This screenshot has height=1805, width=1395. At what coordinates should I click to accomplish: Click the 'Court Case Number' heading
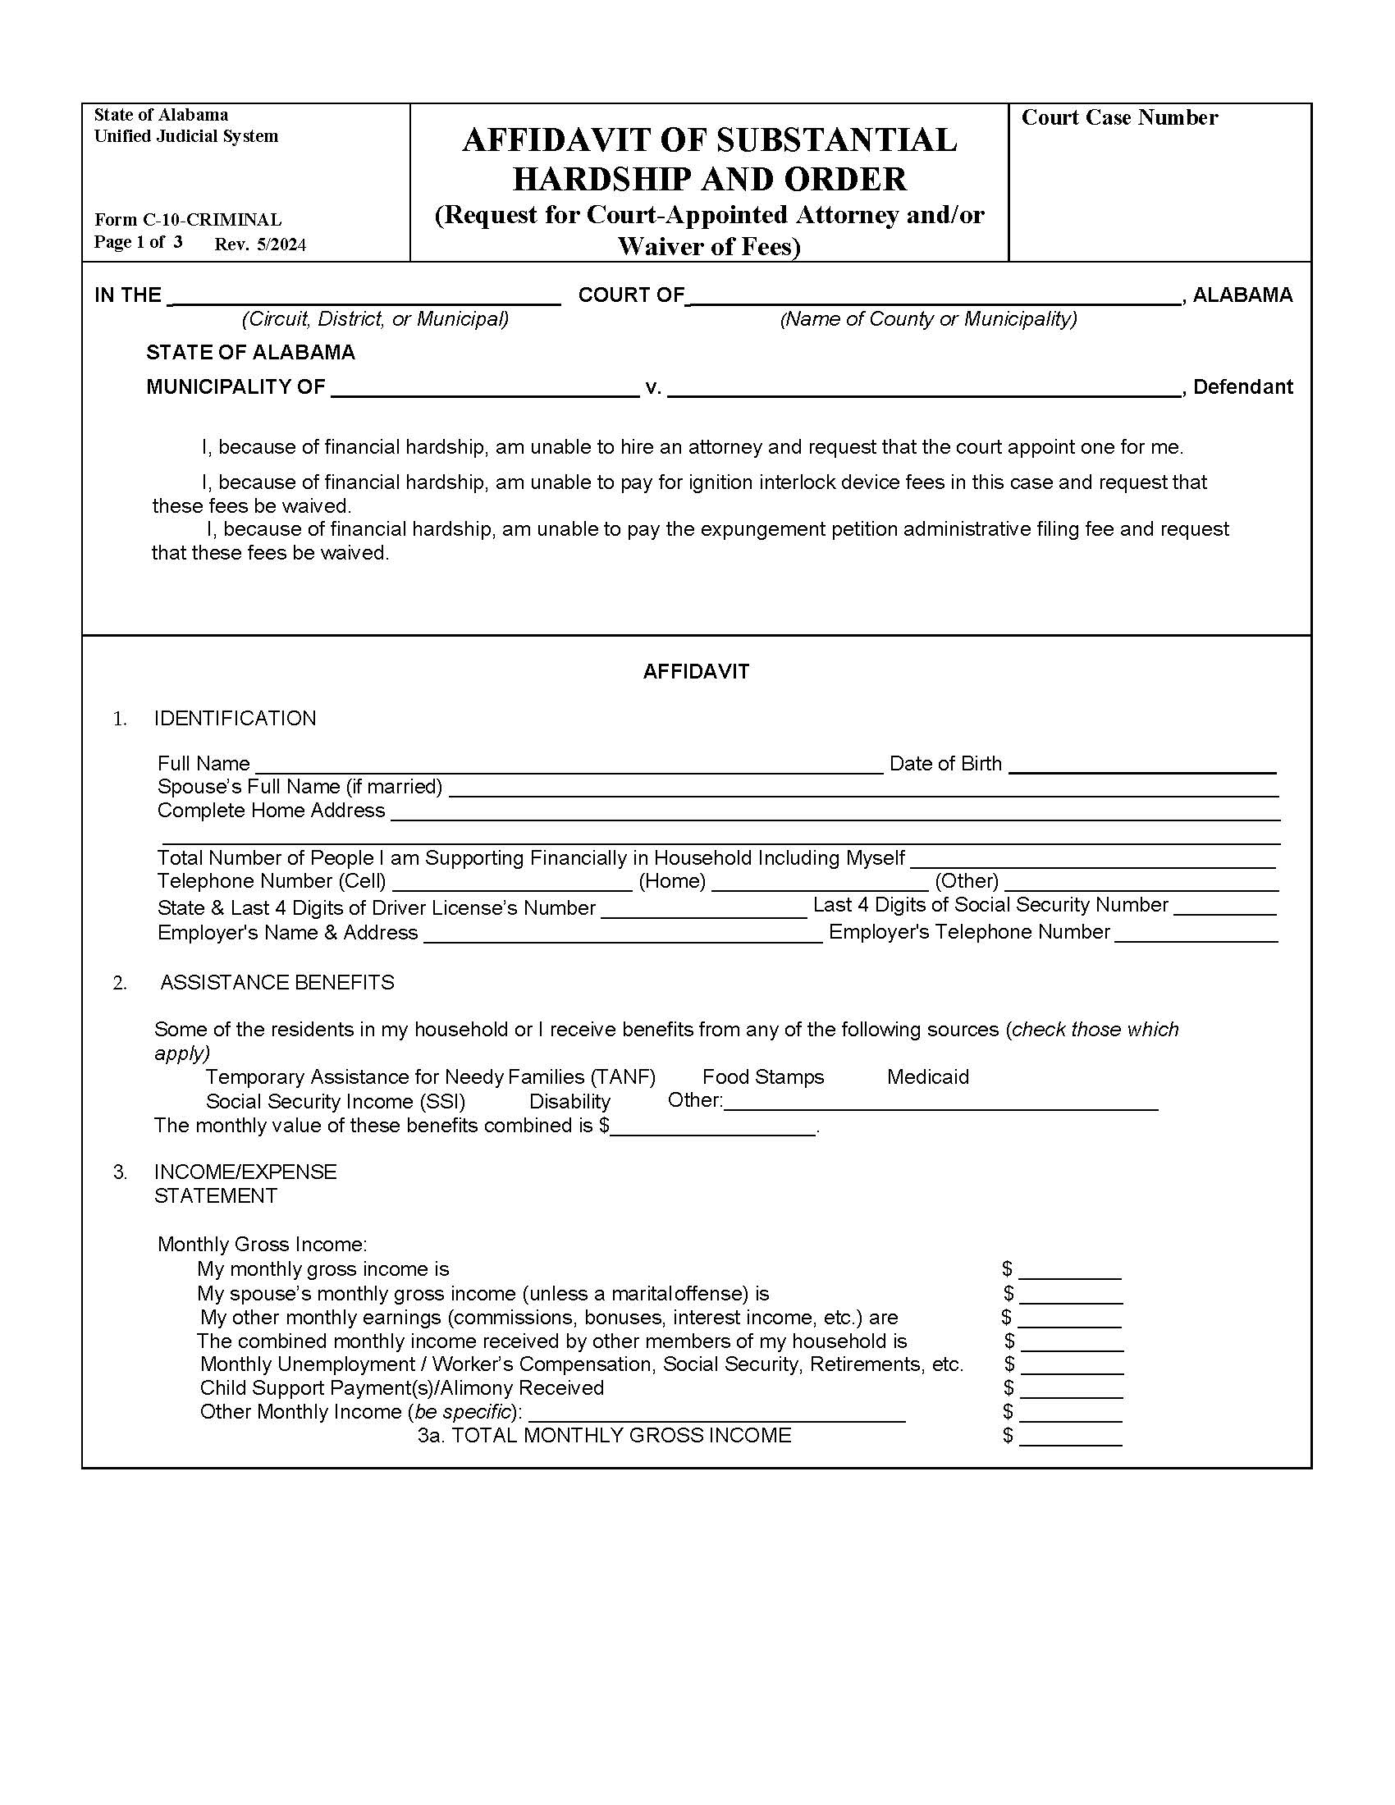tap(1119, 118)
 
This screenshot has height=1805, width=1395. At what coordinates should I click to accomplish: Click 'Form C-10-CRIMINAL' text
tap(188, 220)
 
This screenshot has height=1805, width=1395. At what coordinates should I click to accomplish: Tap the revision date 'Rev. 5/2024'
tap(260, 244)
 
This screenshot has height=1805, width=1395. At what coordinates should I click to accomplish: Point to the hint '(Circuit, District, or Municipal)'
tap(374, 319)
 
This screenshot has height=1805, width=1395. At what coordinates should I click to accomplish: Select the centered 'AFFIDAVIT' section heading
tap(696, 672)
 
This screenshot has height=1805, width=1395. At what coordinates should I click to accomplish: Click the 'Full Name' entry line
tap(569, 765)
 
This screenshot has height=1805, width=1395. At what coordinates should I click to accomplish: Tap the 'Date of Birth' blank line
tap(1142, 765)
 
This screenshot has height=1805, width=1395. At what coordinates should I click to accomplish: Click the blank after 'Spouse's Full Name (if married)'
tap(862, 788)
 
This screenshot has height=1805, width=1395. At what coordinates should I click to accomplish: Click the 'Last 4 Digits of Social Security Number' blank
tap(1225, 907)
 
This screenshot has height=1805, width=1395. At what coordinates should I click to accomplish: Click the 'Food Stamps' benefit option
tap(762, 1077)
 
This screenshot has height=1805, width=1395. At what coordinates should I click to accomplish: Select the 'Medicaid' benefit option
tap(927, 1077)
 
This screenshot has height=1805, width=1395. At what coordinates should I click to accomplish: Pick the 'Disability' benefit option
tap(569, 1102)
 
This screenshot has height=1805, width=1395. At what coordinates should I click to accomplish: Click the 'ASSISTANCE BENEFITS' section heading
tap(277, 983)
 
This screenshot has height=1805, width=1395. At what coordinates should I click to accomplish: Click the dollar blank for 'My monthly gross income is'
tap(1069, 1270)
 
